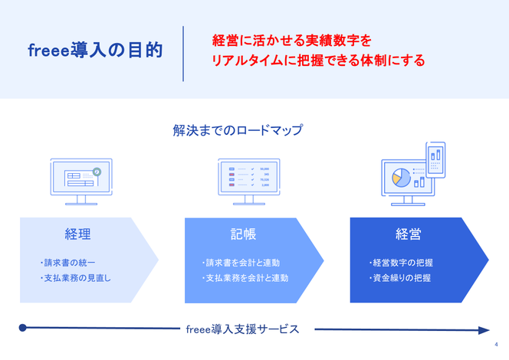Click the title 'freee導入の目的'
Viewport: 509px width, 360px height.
tap(95, 51)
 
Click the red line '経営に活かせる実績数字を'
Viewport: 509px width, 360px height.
tap(291, 39)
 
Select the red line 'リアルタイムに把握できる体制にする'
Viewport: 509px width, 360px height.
tap(318, 60)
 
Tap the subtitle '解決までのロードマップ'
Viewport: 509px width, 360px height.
tap(238, 130)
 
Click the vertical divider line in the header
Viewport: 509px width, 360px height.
tap(183, 53)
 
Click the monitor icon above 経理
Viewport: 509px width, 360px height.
tap(81, 182)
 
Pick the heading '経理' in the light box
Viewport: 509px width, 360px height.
tap(77, 234)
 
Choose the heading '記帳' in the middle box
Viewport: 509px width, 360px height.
tap(243, 234)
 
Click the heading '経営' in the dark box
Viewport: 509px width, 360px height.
tap(408, 234)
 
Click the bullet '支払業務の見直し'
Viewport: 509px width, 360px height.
tap(75, 278)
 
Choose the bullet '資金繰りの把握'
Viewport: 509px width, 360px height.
tap(400, 278)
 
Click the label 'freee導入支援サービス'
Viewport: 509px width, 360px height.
tap(243, 329)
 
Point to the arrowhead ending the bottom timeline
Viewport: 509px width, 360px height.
tap(484, 330)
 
